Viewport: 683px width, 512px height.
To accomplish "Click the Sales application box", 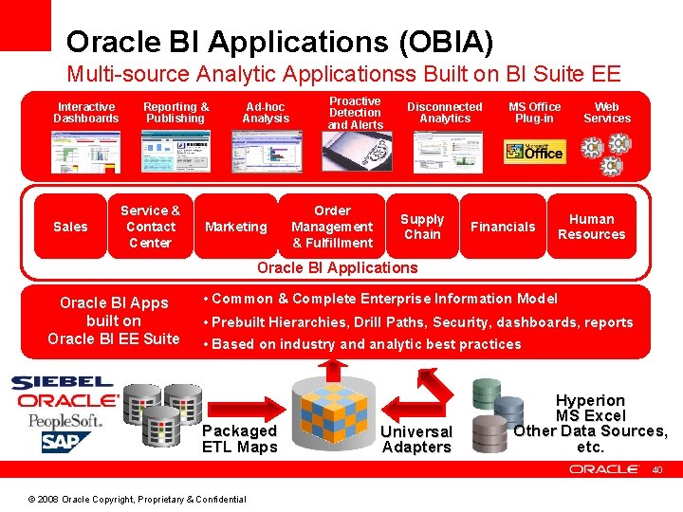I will click(x=70, y=227).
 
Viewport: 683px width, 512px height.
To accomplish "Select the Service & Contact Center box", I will click(x=150, y=227).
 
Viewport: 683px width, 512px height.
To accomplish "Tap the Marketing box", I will click(x=236, y=227).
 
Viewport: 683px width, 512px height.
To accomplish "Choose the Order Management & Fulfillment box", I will click(x=332, y=227).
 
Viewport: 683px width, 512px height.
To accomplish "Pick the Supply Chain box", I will click(x=422, y=227).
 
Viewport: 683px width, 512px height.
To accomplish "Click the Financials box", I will click(x=503, y=227).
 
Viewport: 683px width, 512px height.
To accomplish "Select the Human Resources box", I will click(x=591, y=227).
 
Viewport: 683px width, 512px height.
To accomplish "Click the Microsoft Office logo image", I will click(x=535, y=151).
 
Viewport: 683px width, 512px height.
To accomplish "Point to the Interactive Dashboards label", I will click(x=86, y=113).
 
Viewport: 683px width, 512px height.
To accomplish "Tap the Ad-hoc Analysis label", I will click(x=266, y=113).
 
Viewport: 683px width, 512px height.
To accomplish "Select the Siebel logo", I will click(x=62, y=383).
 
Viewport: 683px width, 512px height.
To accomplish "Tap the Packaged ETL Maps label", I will click(x=240, y=439).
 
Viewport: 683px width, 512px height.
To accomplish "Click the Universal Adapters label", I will click(x=416, y=439).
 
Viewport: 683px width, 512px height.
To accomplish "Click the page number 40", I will click(x=655, y=469).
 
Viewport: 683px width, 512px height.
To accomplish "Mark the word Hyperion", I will click(x=590, y=400).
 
